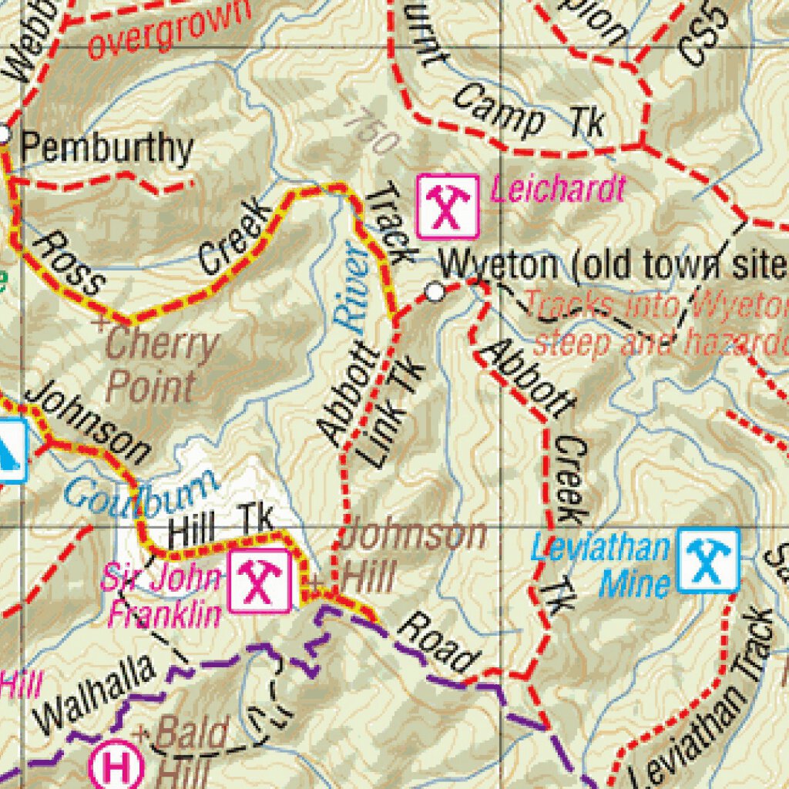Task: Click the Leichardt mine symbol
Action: [448, 206]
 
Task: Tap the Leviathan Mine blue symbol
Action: [708, 559]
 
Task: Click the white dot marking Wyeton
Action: [436, 292]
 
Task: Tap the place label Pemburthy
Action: [106, 147]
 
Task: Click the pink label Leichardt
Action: [557, 189]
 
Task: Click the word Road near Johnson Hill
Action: [436, 642]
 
